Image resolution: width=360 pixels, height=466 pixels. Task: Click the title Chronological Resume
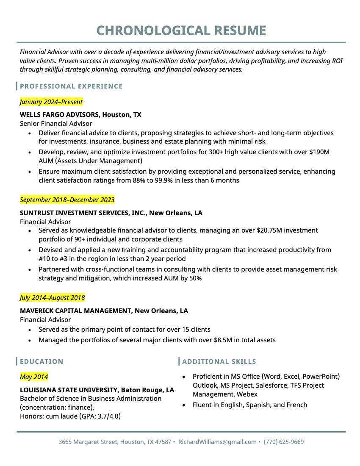point(181,31)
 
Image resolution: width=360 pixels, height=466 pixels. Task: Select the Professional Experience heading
point(71,86)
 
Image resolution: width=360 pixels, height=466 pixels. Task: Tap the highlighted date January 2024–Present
point(51,102)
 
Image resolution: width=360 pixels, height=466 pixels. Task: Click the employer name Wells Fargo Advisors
point(59,114)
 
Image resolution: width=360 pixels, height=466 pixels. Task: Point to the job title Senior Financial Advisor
point(56,124)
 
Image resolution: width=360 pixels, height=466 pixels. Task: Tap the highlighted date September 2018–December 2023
point(67,200)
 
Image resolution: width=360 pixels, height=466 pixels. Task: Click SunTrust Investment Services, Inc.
point(83,213)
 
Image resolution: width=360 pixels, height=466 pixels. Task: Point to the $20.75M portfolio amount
point(271,230)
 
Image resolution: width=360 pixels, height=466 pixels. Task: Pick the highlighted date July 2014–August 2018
point(52,298)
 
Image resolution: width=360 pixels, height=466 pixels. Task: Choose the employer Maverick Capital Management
point(76,311)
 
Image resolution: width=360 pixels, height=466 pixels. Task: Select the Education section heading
point(42,362)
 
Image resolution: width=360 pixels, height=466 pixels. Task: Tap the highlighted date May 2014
point(34,377)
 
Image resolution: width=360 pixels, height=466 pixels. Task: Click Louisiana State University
point(69,390)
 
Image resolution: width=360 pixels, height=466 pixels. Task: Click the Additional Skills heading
point(219,362)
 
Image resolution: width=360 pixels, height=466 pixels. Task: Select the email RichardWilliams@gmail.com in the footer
point(217,442)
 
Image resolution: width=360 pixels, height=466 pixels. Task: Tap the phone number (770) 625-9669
point(284,442)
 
